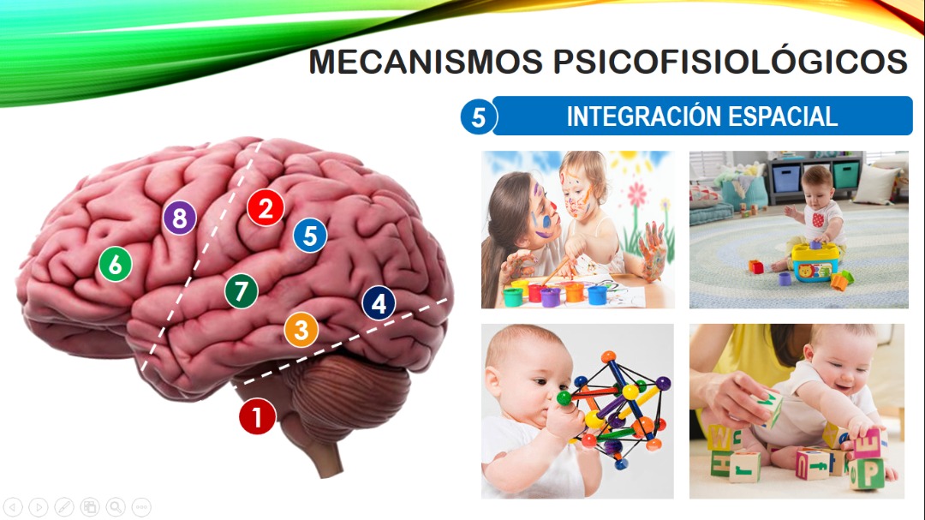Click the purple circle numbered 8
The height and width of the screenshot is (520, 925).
pyautogui.click(x=179, y=218)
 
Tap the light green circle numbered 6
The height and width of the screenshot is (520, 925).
pyautogui.click(x=115, y=264)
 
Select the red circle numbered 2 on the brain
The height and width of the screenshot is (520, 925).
pyautogui.click(x=266, y=208)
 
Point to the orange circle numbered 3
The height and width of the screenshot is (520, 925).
pyautogui.click(x=301, y=329)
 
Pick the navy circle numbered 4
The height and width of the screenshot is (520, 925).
pyautogui.click(x=379, y=302)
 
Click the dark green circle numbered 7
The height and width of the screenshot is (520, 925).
pyautogui.click(x=242, y=291)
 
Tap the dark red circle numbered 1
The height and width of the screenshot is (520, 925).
pyautogui.click(x=257, y=416)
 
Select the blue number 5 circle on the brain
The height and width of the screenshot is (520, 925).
pyautogui.click(x=310, y=236)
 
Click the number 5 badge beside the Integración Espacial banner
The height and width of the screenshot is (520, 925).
pyautogui.click(x=479, y=117)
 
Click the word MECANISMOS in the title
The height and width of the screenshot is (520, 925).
pyautogui.click(x=426, y=62)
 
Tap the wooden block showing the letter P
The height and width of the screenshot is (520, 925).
pyautogui.click(x=867, y=474)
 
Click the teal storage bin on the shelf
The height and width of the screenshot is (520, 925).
pyautogui.click(x=846, y=175)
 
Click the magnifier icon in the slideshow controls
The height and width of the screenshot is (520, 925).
pyautogui.click(x=116, y=507)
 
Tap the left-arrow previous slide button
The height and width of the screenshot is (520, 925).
pyautogui.click(x=12, y=507)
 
